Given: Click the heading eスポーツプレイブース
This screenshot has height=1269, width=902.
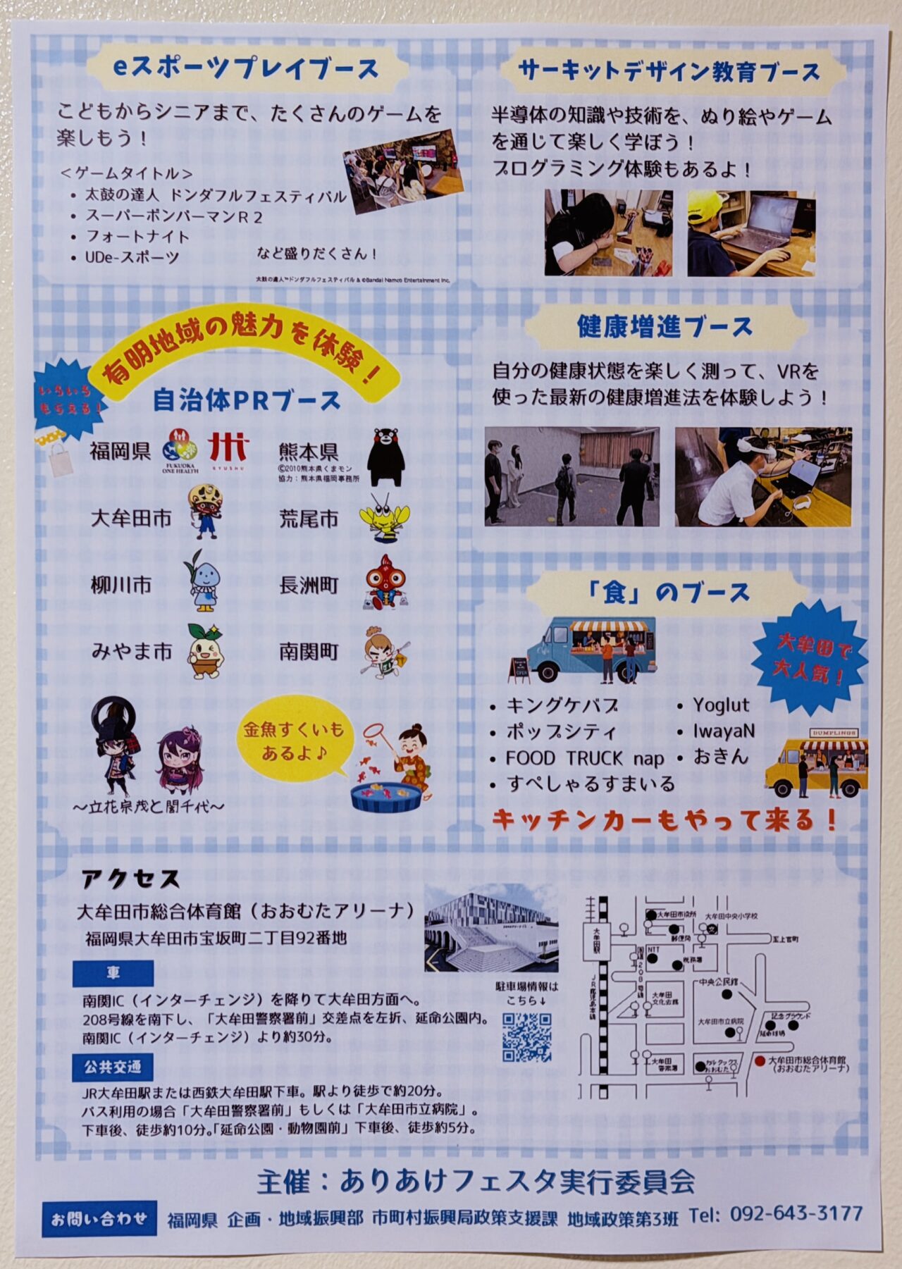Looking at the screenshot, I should (246, 68).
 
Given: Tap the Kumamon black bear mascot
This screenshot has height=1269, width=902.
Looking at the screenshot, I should (385, 457).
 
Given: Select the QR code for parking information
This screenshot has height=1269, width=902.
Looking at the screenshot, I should (526, 1037).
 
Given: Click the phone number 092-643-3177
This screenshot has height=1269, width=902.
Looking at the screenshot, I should (796, 1213).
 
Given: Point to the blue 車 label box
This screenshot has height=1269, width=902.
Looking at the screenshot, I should (113, 973).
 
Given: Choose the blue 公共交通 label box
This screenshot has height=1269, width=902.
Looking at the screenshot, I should (113, 1067).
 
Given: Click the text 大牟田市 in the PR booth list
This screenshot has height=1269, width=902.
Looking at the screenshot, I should (131, 519).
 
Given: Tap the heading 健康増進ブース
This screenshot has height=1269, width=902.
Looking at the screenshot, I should (665, 327).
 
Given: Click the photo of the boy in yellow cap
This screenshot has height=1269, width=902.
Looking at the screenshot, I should (751, 233).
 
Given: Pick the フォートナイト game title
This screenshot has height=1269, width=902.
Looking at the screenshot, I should (137, 236).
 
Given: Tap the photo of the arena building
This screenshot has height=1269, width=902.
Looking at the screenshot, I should (491, 929).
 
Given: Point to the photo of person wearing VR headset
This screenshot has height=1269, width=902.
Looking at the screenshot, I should (762, 476).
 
